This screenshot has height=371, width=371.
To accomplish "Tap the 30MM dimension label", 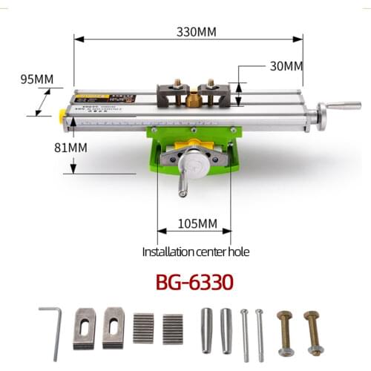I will point(286,65).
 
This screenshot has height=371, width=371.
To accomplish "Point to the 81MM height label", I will point(72,148).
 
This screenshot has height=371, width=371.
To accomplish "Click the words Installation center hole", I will point(196,252).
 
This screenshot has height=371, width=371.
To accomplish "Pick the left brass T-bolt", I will point(285,331).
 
